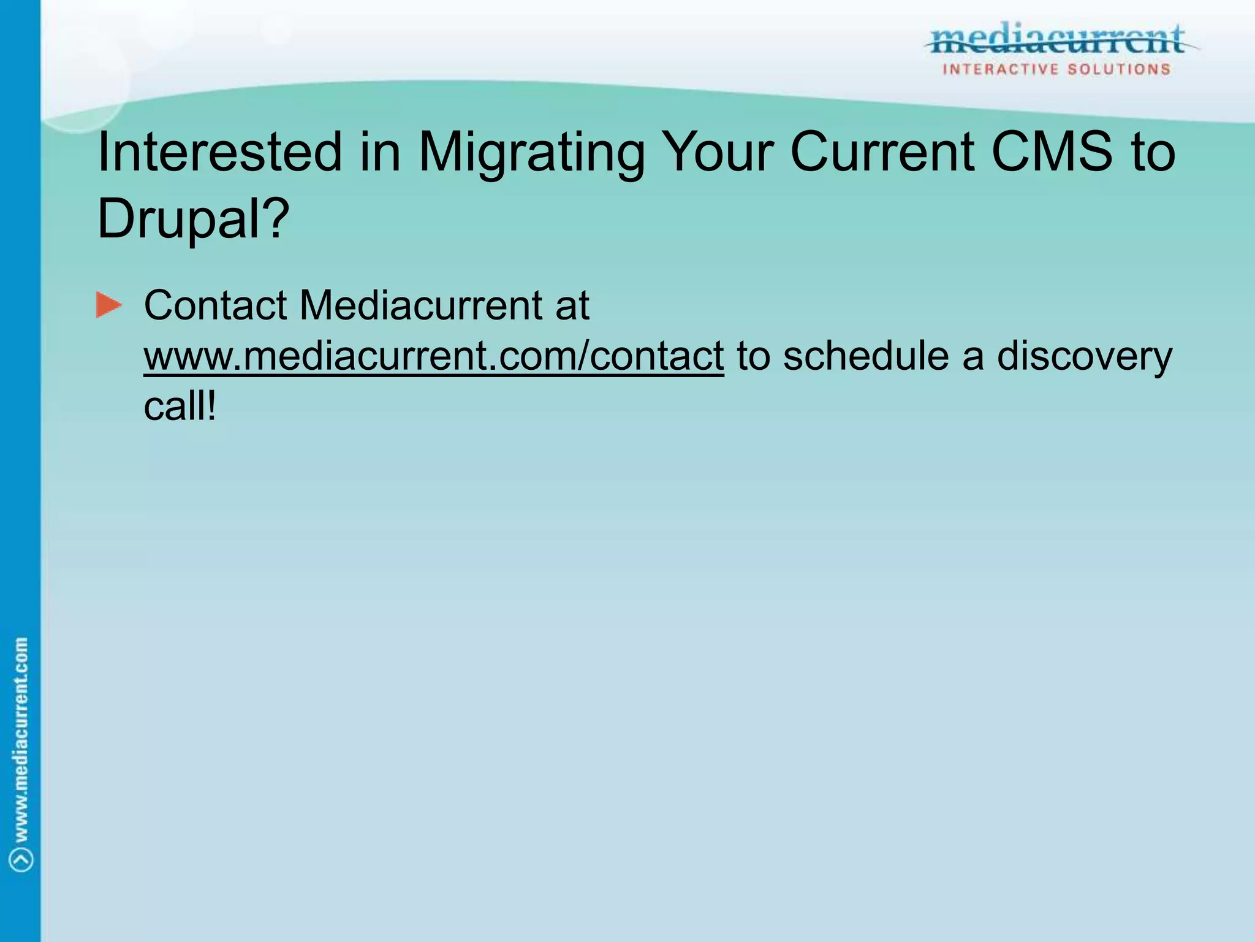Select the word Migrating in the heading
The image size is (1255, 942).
tap(531, 153)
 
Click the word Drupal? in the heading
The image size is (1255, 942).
tap(192, 219)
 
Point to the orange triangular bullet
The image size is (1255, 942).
tap(109, 305)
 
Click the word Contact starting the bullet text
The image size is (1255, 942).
tap(215, 305)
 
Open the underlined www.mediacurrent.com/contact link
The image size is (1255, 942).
tap(433, 356)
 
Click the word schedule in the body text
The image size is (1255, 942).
tap(866, 356)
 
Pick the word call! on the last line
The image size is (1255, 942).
tap(180, 406)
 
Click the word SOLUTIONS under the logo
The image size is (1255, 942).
tap(1119, 69)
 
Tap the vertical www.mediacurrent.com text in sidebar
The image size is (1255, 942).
tap(21, 739)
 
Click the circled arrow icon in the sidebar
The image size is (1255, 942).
tap(22, 860)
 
